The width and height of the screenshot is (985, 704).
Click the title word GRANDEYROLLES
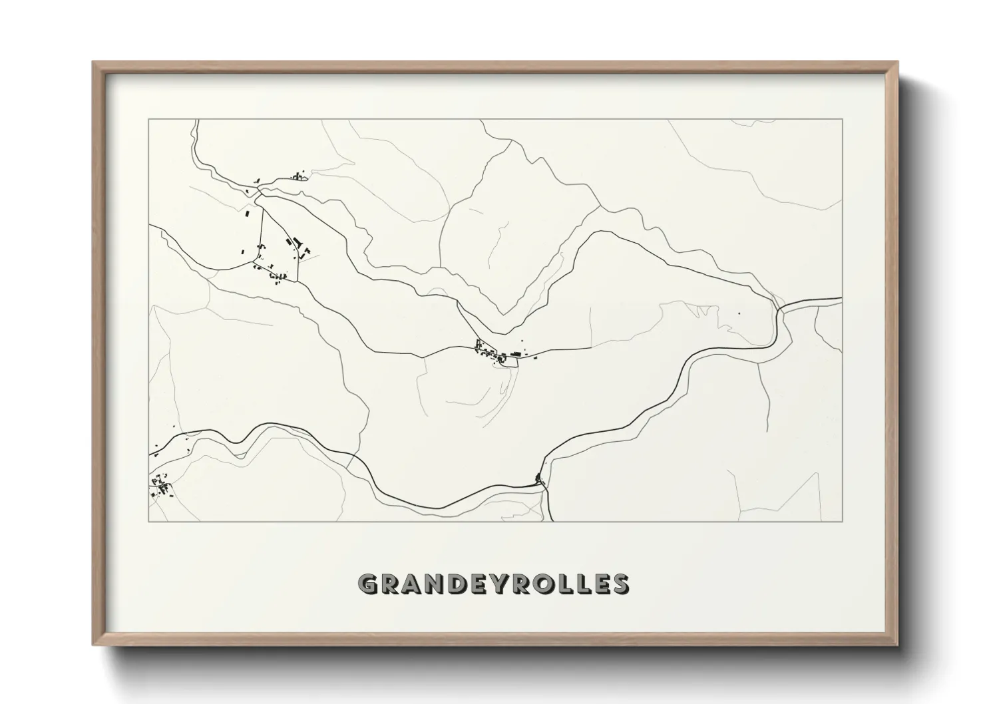point(493,584)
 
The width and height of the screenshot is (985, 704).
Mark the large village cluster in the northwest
point(276,256)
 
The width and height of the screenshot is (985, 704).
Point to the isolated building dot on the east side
point(738,313)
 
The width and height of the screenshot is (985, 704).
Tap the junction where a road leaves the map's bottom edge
point(545,484)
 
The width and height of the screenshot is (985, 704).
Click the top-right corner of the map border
point(843,119)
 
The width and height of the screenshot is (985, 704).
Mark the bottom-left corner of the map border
point(148,521)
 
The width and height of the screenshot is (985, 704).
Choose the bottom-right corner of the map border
point(843,521)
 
